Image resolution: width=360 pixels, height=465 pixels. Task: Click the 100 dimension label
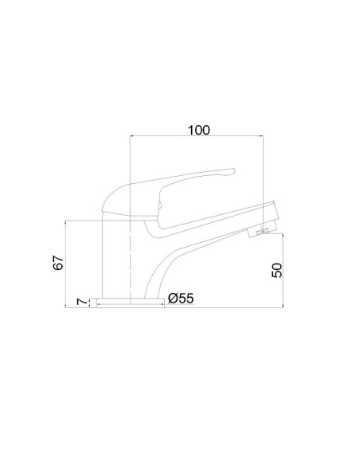199,131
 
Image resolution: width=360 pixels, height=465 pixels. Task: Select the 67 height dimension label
58,263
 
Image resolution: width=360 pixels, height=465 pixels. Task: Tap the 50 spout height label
277,270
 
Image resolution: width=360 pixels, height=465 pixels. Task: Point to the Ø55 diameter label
181,298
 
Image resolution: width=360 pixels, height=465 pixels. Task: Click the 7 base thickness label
81,302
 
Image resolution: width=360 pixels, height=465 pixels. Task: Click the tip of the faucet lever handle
233,171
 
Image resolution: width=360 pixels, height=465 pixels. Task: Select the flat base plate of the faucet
127,303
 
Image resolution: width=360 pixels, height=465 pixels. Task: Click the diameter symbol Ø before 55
173,298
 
